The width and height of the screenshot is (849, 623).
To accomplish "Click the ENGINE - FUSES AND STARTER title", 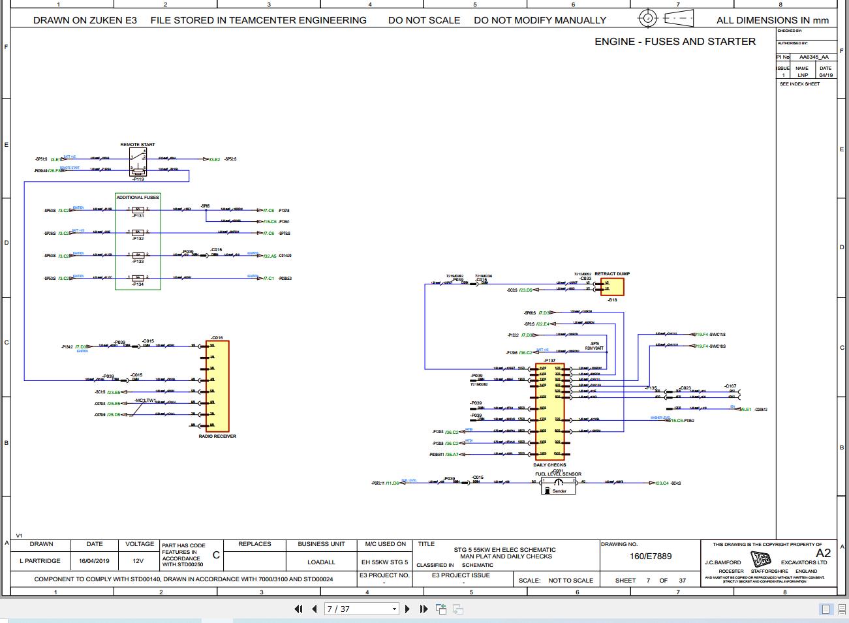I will tap(675, 42).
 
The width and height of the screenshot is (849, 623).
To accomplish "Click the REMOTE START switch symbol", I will tap(138, 162).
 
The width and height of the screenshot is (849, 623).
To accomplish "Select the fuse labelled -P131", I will tap(138, 209).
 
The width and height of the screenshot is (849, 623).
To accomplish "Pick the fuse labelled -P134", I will tap(138, 279).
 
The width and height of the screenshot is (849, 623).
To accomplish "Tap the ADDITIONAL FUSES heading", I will tap(138, 197).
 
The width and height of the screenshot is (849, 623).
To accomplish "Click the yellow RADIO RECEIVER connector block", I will tap(218, 386).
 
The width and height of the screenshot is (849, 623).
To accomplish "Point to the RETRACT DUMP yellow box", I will tap(612, 287).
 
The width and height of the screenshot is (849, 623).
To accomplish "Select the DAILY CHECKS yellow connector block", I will tap(549, 412).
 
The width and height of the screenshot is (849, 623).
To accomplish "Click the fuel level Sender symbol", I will tap(559, 486).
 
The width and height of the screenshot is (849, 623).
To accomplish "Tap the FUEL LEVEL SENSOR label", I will tap(558, 474).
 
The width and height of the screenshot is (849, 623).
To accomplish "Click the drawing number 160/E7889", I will tap(651, 556).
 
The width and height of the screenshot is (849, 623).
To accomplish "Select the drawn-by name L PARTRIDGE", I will tap(40, 561).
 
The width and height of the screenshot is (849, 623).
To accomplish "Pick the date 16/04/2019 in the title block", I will tap(94, 561).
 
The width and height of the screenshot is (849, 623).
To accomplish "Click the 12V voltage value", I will tap(138, 561).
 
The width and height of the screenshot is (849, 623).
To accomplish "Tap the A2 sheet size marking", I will tap(823, 553).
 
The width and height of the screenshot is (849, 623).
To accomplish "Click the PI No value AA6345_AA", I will tap(814, 57).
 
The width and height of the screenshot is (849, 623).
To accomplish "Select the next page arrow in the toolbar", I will tap(408, 609).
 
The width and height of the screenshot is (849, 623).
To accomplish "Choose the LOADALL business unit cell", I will tap(321, 562).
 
